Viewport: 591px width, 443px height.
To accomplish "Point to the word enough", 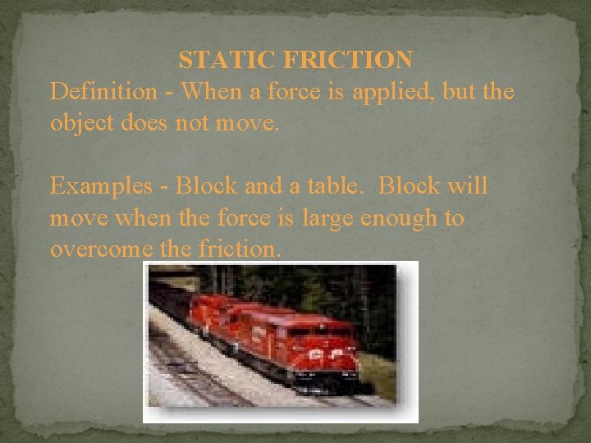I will pyautogui.click(x=405, y=219).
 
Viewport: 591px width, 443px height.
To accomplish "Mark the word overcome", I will pyautogui.click(x=97, y=249).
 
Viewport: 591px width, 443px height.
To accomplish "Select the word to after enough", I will pyautogui.click(x=454, y=218).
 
